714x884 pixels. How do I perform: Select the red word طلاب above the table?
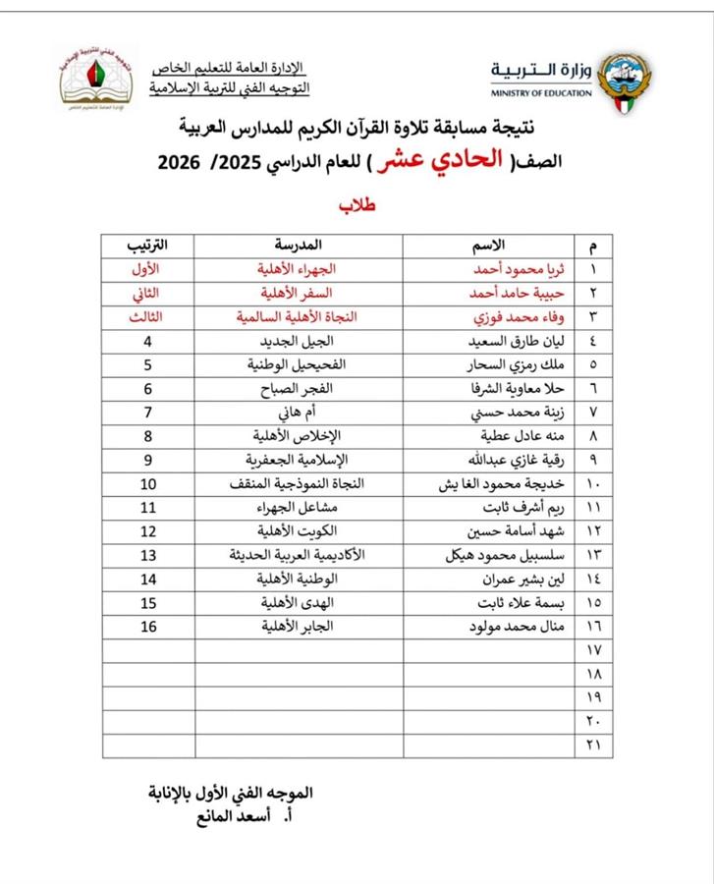(358, 206)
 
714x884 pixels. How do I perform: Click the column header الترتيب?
(149, 243)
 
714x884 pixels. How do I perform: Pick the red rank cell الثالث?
(149, 317)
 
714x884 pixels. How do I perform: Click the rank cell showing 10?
(149, 484)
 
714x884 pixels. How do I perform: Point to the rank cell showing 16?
(149, 626)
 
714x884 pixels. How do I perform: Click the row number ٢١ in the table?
(593, 744)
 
